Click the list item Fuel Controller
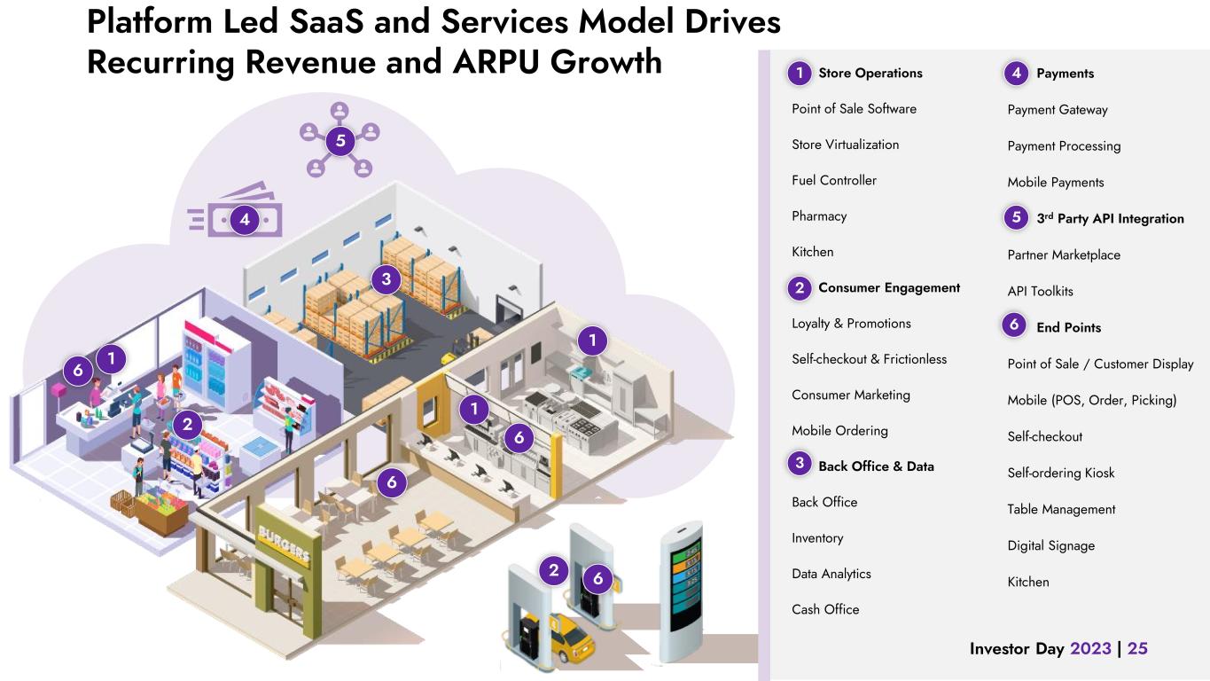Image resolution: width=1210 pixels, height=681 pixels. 833,180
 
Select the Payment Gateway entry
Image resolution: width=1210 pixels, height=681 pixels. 1057,110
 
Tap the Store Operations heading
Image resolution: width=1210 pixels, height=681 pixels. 870,74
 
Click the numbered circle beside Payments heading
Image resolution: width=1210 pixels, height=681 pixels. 1016,74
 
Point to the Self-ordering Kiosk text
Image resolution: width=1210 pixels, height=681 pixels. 1060,473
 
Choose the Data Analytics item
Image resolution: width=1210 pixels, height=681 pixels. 831,574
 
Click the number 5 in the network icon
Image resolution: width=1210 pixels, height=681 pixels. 340,140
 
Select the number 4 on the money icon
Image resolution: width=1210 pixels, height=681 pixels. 244,219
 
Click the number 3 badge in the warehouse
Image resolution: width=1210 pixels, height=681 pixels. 386,280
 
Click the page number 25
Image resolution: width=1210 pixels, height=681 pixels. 1137,648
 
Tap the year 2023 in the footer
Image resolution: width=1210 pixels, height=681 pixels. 1090,648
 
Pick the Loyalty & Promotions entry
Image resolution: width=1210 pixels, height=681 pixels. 851,324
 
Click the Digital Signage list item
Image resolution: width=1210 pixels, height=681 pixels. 1050,545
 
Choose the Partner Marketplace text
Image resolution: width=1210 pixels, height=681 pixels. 1064,254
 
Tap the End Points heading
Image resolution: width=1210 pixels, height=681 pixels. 1068,327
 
